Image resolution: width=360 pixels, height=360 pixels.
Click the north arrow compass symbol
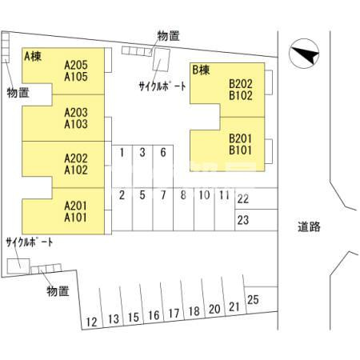[x=304, y=54]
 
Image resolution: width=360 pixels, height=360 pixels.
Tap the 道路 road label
[x=309, y=226]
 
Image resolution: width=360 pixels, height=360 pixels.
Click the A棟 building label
[x=33, y=57]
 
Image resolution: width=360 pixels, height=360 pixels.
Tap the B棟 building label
[x=201, y=70]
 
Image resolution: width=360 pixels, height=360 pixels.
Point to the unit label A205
[x=76, y=65]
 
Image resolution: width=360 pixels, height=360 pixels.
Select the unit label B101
[x=240, y=150]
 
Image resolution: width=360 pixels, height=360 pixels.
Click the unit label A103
[x=76, y=124]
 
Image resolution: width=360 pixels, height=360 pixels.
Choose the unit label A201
[x=76, y=206]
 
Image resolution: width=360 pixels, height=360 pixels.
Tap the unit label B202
[x=240, y=84]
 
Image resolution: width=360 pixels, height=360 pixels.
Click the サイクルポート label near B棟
[x=162, y=86]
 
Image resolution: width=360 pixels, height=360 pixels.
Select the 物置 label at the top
[x=169, y=36]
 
